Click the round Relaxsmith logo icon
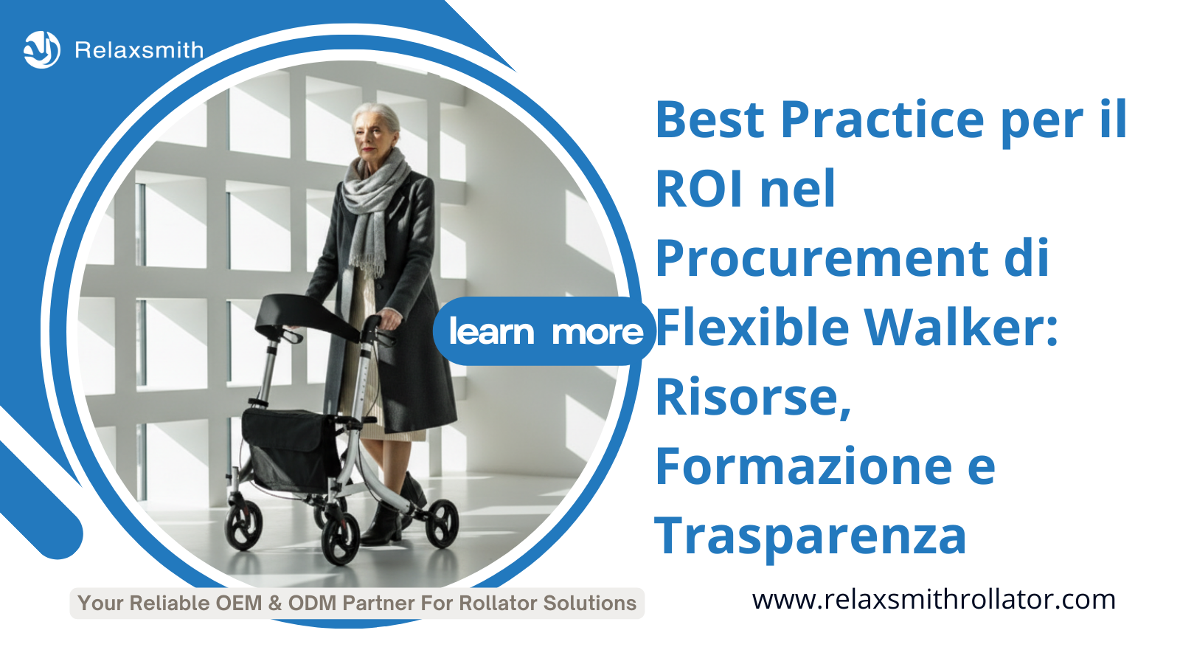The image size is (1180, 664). coord(42,50)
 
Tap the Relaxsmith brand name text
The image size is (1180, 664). coord(139,50)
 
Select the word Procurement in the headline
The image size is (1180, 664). coord(822,259)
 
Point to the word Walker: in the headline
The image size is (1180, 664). coord(962,327)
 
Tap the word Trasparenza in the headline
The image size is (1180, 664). coord(811,537)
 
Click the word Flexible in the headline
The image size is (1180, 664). coord(752,327)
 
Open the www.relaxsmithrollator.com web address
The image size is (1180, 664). coord(934,601)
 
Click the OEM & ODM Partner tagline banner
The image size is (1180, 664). coord(357,604)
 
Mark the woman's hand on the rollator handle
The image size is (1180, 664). coord(390,318)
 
